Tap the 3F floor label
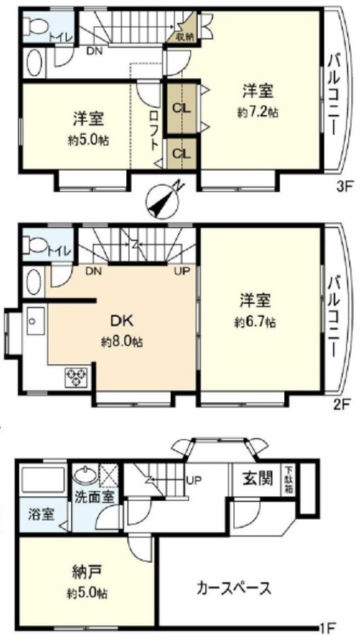point(343,189)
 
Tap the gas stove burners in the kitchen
point(77,377)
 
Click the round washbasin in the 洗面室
point(85,476)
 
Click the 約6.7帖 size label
point(254,323)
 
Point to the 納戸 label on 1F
point(87,571)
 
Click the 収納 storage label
point(185,36)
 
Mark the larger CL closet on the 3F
point(181,108)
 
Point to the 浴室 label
point(41,514)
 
